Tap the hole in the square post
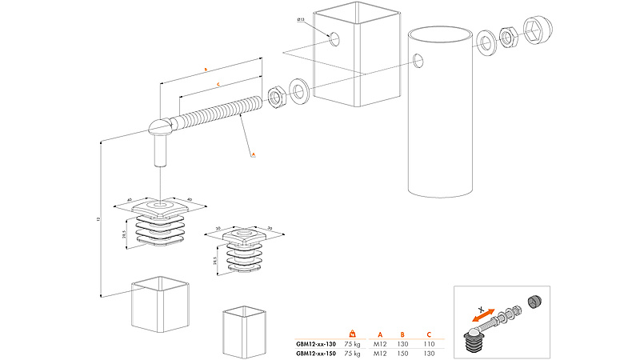[334, 38]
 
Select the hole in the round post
[418, 59]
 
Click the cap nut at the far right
[537, 30]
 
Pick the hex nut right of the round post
[507, 36]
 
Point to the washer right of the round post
[485, 42]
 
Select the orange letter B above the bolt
[206, 70]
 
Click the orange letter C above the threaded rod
[218, 84]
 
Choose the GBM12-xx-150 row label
[318, 352]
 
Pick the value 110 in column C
[429, 343]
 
